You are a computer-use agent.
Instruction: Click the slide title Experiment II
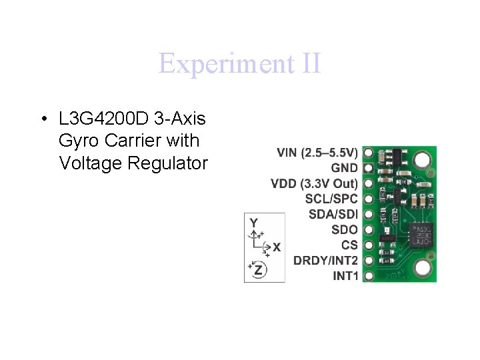tap(239, 64)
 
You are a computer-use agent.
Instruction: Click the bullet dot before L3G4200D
tap(42, 120)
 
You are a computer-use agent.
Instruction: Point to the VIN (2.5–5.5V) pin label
tap(317, 153)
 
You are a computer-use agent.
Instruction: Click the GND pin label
tap(344, 168)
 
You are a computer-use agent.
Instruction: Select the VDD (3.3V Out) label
tap(314, 183)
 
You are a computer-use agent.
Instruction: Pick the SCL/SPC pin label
tap(331, 199)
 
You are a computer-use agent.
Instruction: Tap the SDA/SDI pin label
tap(333, 214)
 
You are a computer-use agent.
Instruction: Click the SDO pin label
tap(344, 229)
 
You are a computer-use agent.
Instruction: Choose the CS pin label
tap(349, 245)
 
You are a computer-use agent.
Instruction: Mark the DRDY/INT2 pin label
tap(325, 260)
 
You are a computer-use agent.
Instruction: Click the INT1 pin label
tap(345, 275)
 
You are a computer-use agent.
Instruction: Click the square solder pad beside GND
tap(368, 168)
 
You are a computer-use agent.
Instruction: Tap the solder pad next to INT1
tap(368, 275)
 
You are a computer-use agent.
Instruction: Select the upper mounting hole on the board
tap(421, 160)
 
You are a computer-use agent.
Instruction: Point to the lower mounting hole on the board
tap(421, 268)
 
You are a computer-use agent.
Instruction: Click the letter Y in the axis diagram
tap(254, 222)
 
